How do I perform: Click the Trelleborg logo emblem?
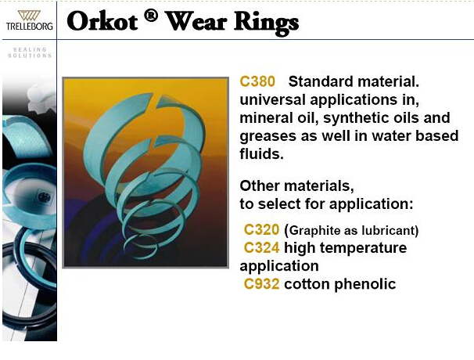pos(29,16)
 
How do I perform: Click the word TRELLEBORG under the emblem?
pos(29,27)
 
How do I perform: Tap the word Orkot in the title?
pos(102,21)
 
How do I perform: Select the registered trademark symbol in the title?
pos(151,16)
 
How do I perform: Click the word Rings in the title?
pos(266,23)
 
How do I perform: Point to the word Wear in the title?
pos(196,21)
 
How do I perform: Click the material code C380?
pos(257,81)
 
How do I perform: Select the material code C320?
pos(261,229)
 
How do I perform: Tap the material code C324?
pos(261,248)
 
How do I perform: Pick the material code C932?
pos(261,284)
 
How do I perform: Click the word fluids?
pos(262,153)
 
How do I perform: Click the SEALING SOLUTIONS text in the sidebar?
pos(30,52)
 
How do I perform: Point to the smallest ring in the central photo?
pos(141,246)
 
